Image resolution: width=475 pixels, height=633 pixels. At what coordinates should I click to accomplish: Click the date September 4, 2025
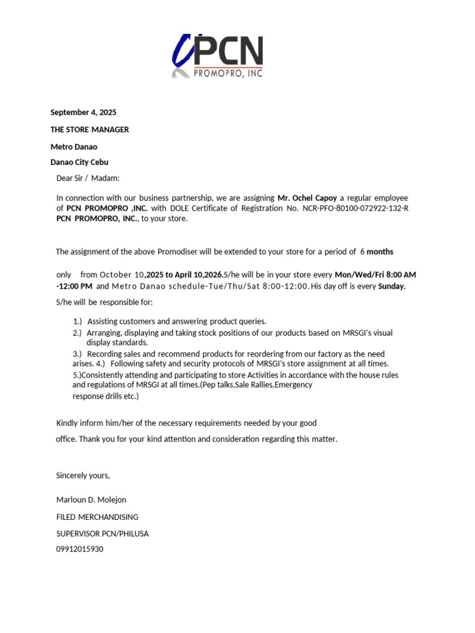pyautogui.click(x=83, y=113)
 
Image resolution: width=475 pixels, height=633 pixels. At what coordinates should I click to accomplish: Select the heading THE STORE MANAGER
pyautogui.click(x=89, y=130)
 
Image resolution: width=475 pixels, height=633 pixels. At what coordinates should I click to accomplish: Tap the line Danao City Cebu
pyautogui.click(x=79, y=163)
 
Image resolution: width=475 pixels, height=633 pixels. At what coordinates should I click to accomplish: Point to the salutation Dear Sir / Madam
pyautogui.click(x=87, y=179)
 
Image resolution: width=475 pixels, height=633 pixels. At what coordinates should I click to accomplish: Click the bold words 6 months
pyautogui.click(x=377, y=252)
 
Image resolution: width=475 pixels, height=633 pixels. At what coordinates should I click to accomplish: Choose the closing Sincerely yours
pyautogui.click(x=83, y=475)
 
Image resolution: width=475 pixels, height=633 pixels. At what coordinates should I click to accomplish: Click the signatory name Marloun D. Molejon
pyautogui.click(x=91, y=499)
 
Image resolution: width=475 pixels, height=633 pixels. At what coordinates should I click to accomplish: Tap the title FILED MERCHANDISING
pyautogui.click(x=97, y=517)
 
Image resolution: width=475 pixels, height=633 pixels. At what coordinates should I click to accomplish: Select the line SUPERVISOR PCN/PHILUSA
pyautogui.click(x=102, y=533)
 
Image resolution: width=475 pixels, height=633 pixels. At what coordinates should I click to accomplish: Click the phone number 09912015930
pyautogui.click(x=80, y=549)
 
